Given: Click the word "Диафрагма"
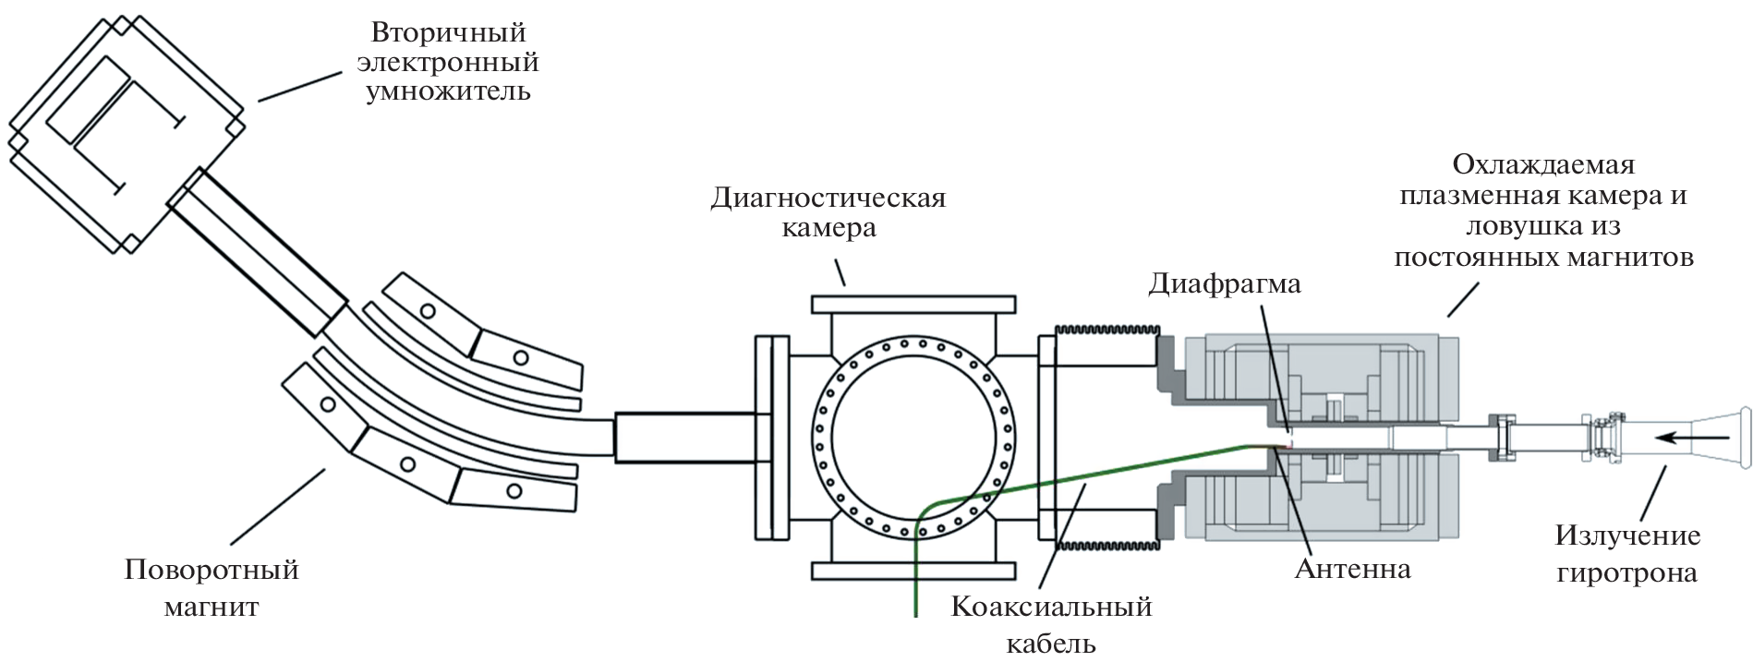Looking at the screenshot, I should click(x=1224, y=283).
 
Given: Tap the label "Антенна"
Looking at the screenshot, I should click(x=1352, y=568).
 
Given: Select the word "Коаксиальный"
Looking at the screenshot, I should click(x=1051, y=607).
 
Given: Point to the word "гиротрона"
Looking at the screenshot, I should click(x=1626, y=572).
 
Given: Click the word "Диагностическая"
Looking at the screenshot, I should click(x=828, y=198).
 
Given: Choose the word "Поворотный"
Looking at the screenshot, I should click(x=212, y=569).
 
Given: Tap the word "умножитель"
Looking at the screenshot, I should click(x=448, y=91).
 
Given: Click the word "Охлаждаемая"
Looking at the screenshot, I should click(x=1543, y=164).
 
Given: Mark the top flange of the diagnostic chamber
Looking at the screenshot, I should click(x=913, y=305).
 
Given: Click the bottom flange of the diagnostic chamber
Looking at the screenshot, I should click(x=913, y=571).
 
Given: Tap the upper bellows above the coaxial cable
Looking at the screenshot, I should click(x=1106, y=331).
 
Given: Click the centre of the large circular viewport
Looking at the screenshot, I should click(x=913, y=437).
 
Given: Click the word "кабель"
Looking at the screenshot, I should click(x=1051, y=643).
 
